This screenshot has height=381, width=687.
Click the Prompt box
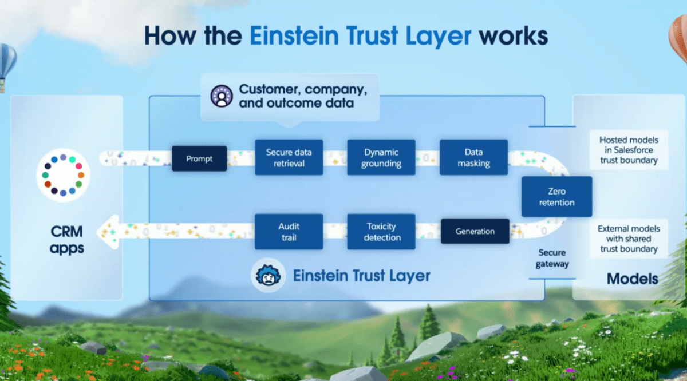(x=199, y=158)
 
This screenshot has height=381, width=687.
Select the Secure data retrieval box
(x=289, y=157)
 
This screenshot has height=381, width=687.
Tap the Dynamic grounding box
(x=381, y=157)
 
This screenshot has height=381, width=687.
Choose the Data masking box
(x=473, y=157)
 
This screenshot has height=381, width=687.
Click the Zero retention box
(x=556, y=197)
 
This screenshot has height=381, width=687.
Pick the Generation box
(x=475, y=231)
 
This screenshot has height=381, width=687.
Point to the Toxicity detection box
(x=381, y=232)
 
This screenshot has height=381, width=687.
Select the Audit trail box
(x=289, y=232)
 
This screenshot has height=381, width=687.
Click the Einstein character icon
(x=269, y=275)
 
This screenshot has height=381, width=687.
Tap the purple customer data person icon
(x=222, y=96)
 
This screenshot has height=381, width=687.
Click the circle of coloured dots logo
(x=63, y=175)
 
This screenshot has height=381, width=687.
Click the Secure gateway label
(x=552, y=258)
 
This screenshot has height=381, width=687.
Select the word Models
(x=633, y=279)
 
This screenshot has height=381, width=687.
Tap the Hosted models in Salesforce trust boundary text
(x=629, y=150)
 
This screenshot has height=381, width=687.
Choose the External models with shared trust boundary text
(x=629, y=239)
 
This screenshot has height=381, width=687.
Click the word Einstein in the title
(x=294, y=36)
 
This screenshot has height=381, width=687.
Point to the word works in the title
(x=514, y=36)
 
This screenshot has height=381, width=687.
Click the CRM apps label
(x=67, y=240)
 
